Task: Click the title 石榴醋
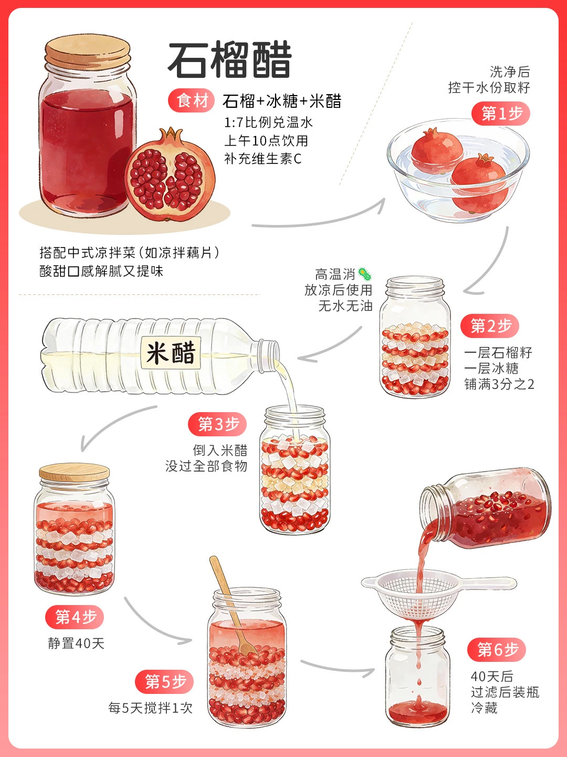coord(229,60)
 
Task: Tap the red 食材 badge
coord(192,101)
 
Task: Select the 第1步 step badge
coord(500,114)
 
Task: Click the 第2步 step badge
coord(490,325)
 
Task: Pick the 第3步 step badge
coord(217,424)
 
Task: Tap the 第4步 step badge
coord(75,617)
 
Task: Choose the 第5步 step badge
coord(164,682)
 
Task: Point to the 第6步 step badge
coord(497,650)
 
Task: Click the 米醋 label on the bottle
coord(171,353)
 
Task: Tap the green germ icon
coord(364,273)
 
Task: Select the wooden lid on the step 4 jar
coord(75,472)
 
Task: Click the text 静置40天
coord(76,643)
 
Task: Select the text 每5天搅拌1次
coord(151,708)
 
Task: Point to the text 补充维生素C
coord(263,159)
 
